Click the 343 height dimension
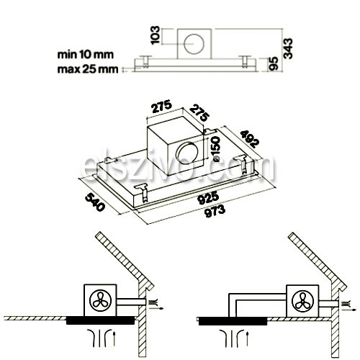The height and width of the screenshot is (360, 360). pos(288,48)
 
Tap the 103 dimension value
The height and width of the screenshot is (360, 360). pos(155,35)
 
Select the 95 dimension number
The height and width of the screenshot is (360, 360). pos(274,63)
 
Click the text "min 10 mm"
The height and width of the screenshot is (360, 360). pos(86,55)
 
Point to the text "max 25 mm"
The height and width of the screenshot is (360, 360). pos(88,69)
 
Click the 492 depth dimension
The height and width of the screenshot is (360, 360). pos(250,138)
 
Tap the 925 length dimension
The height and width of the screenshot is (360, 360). pos(208,197)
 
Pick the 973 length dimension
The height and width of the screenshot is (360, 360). pos(215,211)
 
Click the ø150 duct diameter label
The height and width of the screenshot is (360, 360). pos(215,149)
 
